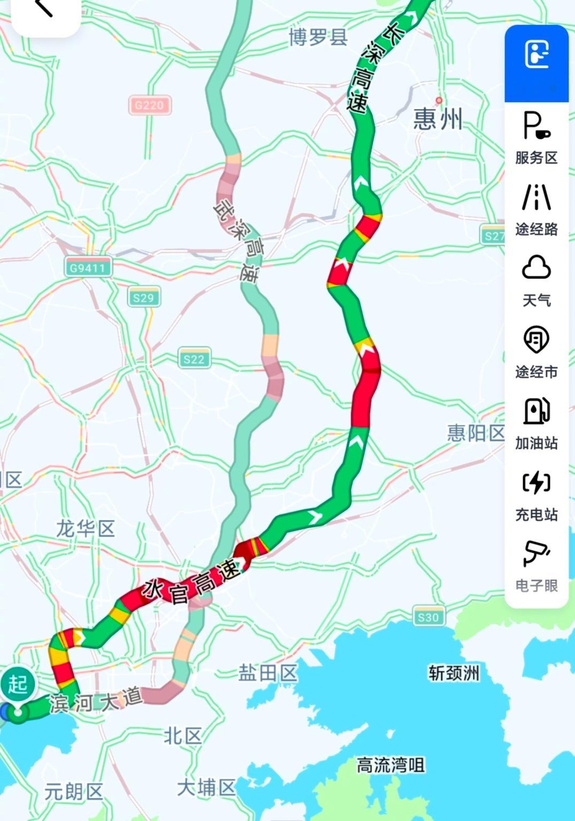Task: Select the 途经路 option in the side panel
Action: click(536, 209)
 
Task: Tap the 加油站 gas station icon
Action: click(536, 423)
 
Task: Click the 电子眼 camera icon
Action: click(536, 566)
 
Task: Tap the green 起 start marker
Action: click(18, 685)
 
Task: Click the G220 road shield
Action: click(149, 105)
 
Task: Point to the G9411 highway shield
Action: click(88, 267)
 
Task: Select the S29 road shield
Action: click(143, 297)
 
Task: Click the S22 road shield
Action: click(193, 359)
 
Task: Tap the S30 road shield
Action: click(428, 617)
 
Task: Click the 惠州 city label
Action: click(437, 119)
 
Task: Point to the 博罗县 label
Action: click(318, 37)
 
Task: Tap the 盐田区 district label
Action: click(267, 673)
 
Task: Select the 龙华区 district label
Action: click(86, 529)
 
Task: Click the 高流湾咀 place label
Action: click(391, 765)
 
